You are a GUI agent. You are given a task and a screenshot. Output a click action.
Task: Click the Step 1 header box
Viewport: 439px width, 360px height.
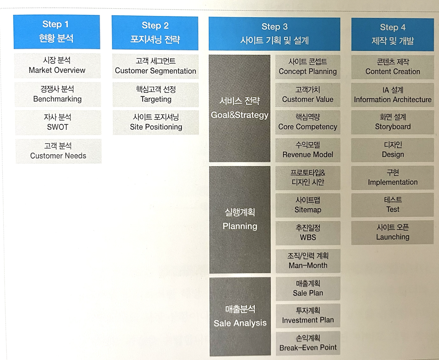click(x=56, y=32)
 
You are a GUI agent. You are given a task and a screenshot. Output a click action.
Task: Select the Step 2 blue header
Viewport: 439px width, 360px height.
click(x=155, y=32)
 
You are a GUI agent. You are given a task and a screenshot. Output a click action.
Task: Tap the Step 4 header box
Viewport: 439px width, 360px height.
click(x=392, y=34)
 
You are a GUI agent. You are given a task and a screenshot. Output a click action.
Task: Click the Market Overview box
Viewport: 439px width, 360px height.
click(x=57, y=66)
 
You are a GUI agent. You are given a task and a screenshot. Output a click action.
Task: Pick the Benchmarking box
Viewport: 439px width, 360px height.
click(x=57, y=94)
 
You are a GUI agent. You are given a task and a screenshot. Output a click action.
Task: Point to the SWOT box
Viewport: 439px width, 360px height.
click(x=58, y=122)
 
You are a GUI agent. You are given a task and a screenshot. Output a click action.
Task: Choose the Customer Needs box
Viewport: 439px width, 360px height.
click(x=58, y=151)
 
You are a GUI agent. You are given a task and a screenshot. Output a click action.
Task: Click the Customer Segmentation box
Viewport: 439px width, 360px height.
click(x=155, y=66)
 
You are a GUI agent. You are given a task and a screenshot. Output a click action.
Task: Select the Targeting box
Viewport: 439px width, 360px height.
click(x=155, y=95)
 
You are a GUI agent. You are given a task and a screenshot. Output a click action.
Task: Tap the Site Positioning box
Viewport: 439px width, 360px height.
click(x=156, y=122)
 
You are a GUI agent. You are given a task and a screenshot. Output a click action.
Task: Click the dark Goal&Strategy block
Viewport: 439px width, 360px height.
click(x=239, y=108)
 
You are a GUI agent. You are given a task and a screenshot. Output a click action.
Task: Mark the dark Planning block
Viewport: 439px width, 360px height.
click(x=240, y=220)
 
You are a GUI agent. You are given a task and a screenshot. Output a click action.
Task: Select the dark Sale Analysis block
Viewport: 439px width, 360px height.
click(x=240, y=316)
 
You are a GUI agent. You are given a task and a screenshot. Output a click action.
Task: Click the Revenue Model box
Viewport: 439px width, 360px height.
click(x=308, y=150)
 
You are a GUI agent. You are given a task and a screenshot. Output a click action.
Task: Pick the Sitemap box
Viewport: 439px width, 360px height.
click(x=308, y=205)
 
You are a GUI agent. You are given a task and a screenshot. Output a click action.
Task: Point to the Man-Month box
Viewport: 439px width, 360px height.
click(x=308, y=261)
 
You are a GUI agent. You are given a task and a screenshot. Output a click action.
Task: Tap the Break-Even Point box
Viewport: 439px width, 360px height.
click(x=308, y=343)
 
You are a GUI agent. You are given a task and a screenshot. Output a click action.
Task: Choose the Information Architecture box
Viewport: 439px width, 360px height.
click(x=392, y=95)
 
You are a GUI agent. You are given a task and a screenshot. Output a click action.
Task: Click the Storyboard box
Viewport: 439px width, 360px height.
click(x=392, y=122)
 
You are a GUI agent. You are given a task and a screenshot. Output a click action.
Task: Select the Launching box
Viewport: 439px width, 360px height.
click(x=392, y=233)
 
